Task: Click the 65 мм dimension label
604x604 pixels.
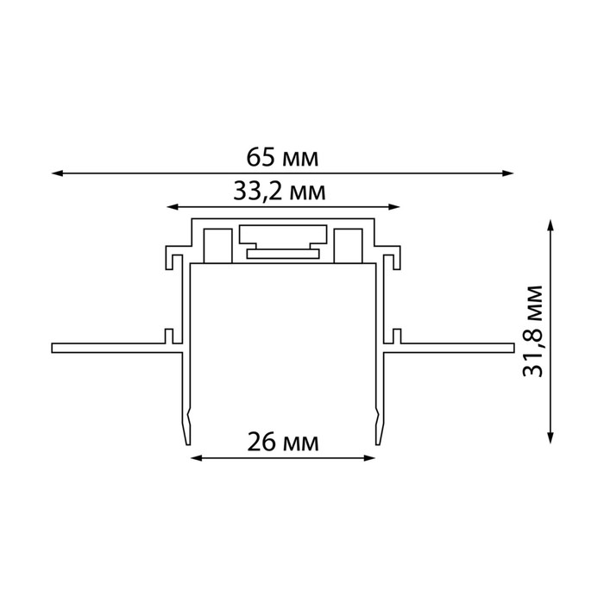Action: (282, 158)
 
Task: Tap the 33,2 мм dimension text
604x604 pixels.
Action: (280, 191)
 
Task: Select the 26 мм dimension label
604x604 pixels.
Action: (283, 442)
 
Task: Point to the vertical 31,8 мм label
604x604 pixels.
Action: (532, 330)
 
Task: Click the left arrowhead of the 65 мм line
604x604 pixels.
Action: (57, 173)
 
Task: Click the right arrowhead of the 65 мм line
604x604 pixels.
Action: (508, 173)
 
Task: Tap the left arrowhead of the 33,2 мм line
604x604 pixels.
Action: (173, 207)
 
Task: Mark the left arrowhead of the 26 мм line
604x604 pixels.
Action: (197, 458)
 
